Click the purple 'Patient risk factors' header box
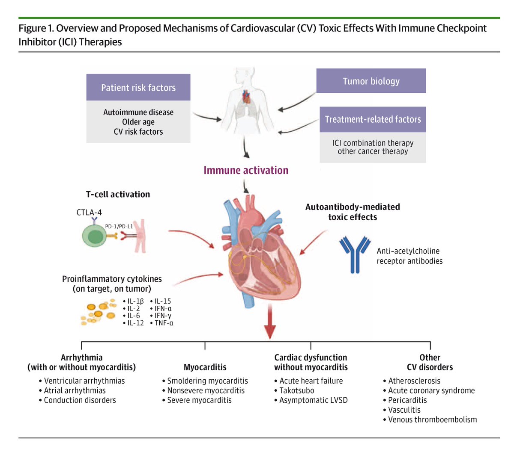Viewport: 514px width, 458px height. click(138, 88)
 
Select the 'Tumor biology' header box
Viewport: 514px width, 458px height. click(371, 81)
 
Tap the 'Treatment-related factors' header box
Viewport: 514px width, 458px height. click(373, 119)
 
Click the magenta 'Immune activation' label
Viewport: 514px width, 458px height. click(246, 170)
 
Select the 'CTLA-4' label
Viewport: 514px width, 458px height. click(89, 213)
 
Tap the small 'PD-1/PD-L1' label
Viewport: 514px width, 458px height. click(119, 227)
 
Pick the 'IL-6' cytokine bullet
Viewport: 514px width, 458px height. click(133, 316)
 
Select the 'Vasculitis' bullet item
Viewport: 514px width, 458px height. click(404, 410)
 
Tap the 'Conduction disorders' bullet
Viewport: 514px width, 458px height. click(80, 400)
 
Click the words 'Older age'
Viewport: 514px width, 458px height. click(138, 122)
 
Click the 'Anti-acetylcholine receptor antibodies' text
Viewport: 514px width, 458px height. click(409, 256)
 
